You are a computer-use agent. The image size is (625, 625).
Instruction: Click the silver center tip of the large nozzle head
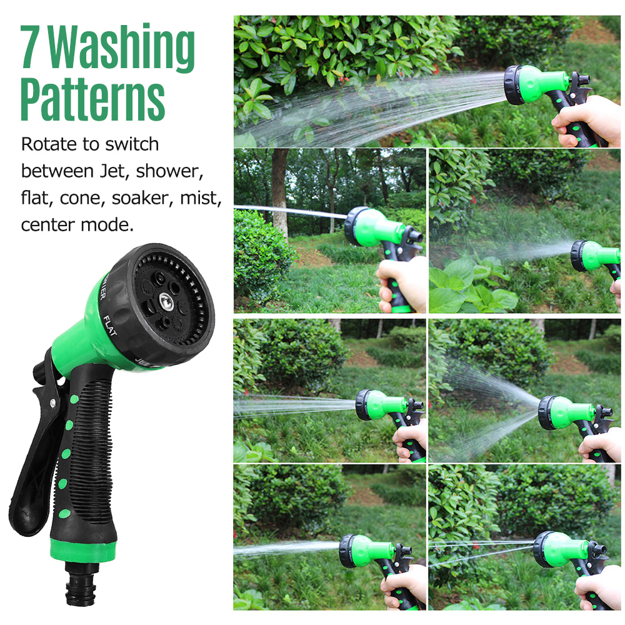click(x=166, y=302)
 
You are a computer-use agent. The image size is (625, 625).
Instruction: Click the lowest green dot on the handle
click(x=64, y=514)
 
